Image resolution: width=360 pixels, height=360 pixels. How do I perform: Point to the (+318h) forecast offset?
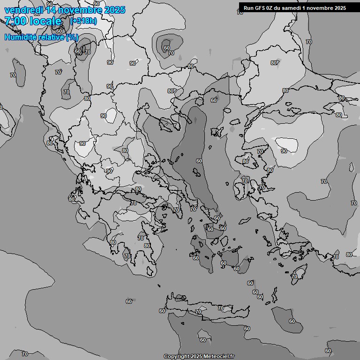(x=83, y=21)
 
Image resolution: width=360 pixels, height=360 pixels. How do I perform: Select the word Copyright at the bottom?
(x=177, y=357)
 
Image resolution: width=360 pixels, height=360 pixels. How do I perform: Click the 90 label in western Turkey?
(x=284, y=151)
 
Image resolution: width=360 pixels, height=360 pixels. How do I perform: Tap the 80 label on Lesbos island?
(x=246, y=161)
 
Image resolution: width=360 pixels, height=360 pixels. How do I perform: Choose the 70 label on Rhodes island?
(x=294, y=277)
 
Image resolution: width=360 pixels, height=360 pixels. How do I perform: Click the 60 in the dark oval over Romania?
(x=166, y=48)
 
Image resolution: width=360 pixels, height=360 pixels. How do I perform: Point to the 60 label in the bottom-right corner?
(x=328, y=351)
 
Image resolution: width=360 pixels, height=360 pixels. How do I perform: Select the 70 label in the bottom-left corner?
(x=25, y=354)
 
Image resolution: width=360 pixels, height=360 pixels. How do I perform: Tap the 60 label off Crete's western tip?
(x=162, y=311)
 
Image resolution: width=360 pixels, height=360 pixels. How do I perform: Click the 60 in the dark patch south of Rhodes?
(x=292, y=321)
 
